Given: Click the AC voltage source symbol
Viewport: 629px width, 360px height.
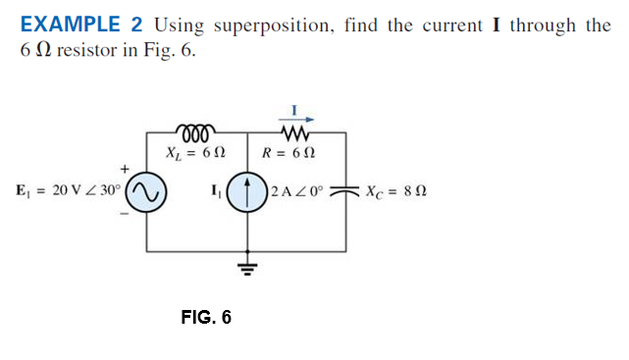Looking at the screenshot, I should click(148, 190).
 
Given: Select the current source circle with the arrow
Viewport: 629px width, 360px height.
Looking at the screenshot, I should click(247, 190).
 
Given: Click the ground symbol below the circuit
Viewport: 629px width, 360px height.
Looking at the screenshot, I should click(248, 265).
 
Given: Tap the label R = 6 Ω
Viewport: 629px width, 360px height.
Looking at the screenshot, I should click(290, 153).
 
